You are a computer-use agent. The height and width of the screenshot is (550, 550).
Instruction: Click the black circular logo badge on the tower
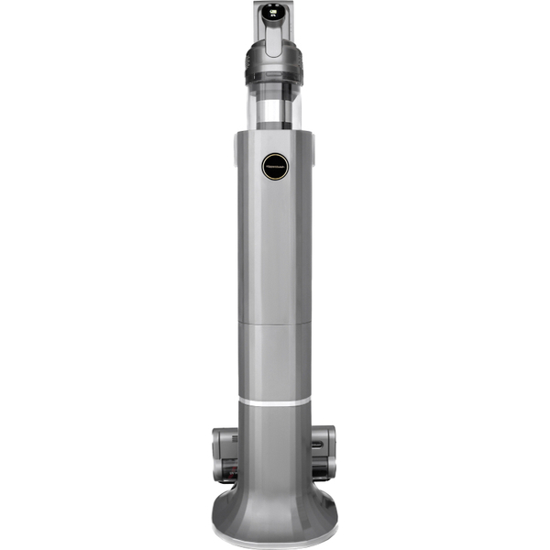276,166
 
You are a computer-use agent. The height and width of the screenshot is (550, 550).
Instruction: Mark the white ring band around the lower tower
275,401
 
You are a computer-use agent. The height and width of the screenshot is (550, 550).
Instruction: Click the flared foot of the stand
275,509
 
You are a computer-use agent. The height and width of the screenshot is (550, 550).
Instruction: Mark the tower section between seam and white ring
275,362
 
